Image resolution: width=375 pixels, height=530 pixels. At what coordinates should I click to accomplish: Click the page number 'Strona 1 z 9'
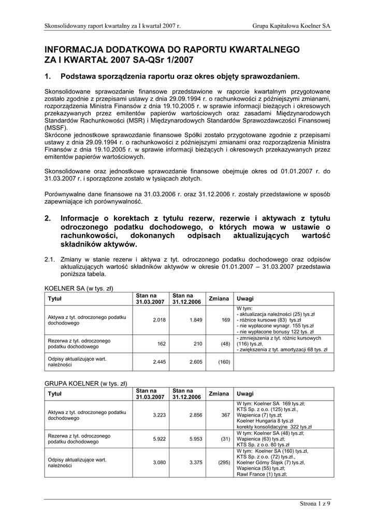[315, 504]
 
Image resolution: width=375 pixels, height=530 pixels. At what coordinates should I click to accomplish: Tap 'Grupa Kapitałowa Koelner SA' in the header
[292, 26]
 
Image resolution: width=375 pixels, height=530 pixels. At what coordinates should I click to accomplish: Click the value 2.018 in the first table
[159, 320]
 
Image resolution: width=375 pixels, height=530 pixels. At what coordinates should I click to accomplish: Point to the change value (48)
[224, 344]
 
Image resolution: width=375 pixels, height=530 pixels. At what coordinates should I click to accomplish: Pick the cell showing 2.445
[159, 361]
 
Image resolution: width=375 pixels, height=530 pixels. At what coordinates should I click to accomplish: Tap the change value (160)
[223, 361]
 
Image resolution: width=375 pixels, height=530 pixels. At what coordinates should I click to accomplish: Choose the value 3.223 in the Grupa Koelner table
[159, 415]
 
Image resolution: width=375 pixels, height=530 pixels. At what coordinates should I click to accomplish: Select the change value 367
[225, 415]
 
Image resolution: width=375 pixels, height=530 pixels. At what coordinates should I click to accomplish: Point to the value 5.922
[159, 439]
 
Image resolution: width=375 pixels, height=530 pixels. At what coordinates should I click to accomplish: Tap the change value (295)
[223, 462]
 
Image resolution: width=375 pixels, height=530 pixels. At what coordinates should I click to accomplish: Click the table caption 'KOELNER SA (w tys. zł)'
[79, 288]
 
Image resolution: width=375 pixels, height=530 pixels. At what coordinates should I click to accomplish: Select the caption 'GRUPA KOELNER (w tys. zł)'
[85, 384]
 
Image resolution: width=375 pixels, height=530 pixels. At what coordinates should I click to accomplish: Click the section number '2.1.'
[50, 259]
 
